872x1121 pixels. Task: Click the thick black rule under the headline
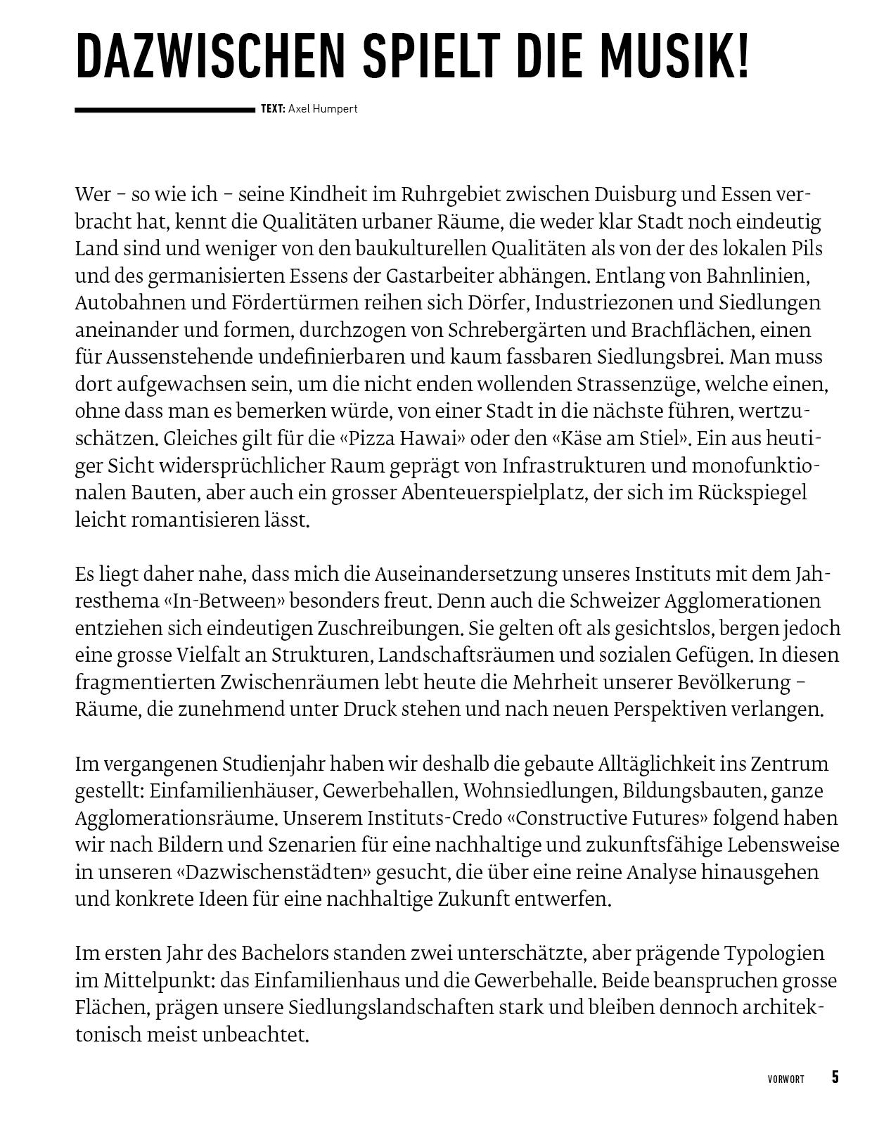coord(165,110)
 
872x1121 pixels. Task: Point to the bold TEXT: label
coord(273,109)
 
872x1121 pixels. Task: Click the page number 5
coord(835,1077)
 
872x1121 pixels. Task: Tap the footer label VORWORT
coord(786,1080)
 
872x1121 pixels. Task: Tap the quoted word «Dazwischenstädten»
coord(273,873)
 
